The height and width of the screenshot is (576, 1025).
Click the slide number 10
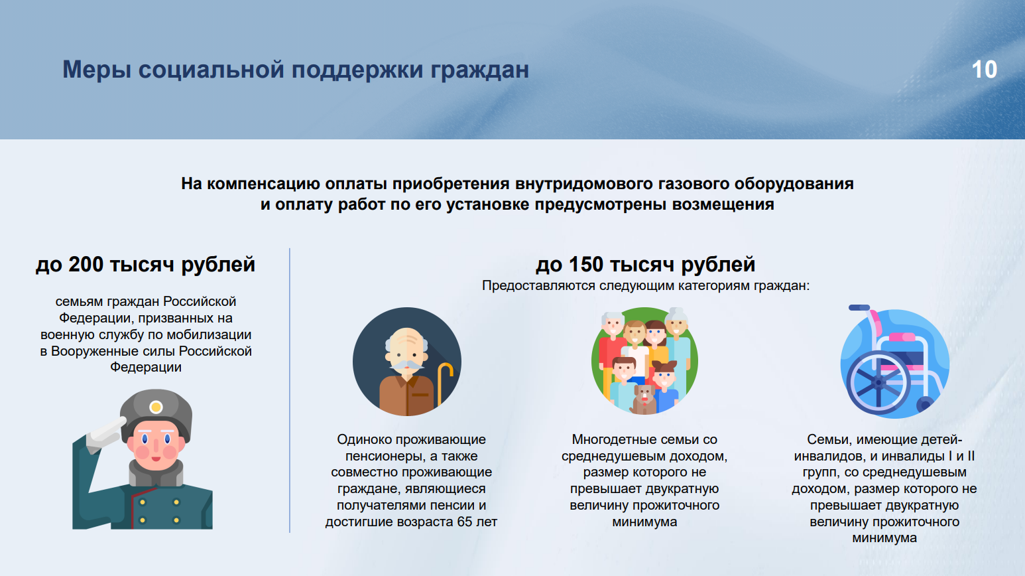click(984, 70)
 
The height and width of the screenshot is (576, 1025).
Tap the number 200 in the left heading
click(86, 265)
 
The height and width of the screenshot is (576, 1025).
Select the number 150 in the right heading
click(586, 265)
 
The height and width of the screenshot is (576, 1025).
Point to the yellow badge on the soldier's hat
click(156, 407)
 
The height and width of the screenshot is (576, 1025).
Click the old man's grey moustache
click(406, 365)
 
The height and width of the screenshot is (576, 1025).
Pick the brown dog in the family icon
click(643, 399)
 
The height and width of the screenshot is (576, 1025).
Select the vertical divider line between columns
click(290, 390)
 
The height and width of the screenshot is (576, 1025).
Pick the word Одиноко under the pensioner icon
click(365, 439)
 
